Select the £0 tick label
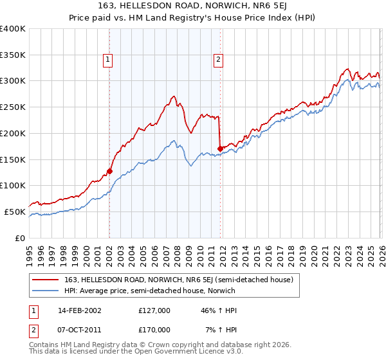pos(20,238)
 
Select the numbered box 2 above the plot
pos(219,60)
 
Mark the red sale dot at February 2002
pos(109,171)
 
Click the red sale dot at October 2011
pos(220,148)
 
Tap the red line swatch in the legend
pos(46,280)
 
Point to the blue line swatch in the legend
pos(46,291)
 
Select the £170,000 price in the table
pos(154,329)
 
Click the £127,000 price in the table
pos(154,310)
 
